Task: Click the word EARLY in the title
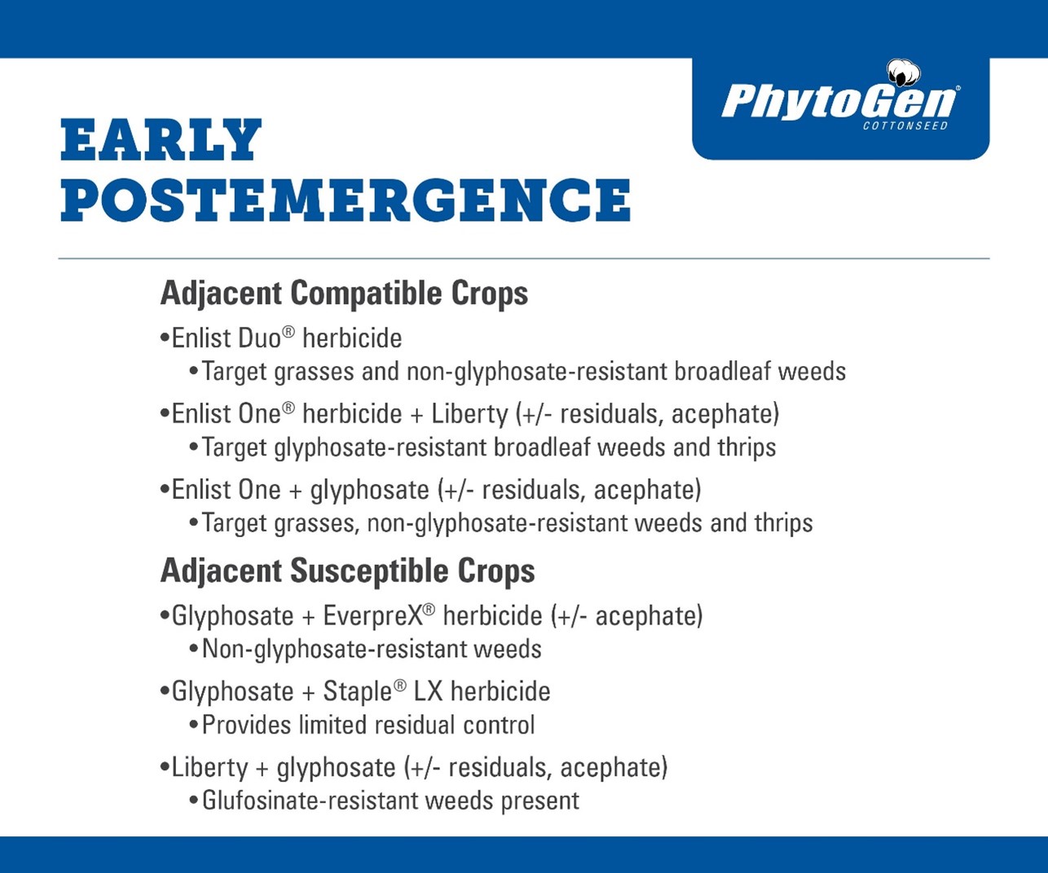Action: (x=161, y=139)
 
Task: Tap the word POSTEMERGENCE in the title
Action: (x=346, y=200)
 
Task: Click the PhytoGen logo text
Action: (x=839, y=102)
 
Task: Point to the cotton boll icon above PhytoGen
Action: (x=904, y=73)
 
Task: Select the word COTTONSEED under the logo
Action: (x=905, y=126)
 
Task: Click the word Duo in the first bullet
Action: (x=259, y=337)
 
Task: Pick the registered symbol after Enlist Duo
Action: (x=288, y=332)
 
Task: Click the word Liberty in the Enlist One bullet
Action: (x=469, y=415)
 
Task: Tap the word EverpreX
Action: (x=373, y=616)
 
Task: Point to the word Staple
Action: (x=358, y=693)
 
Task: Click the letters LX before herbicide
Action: (x=428, y=692)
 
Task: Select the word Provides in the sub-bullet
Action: (x=246, y=725)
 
